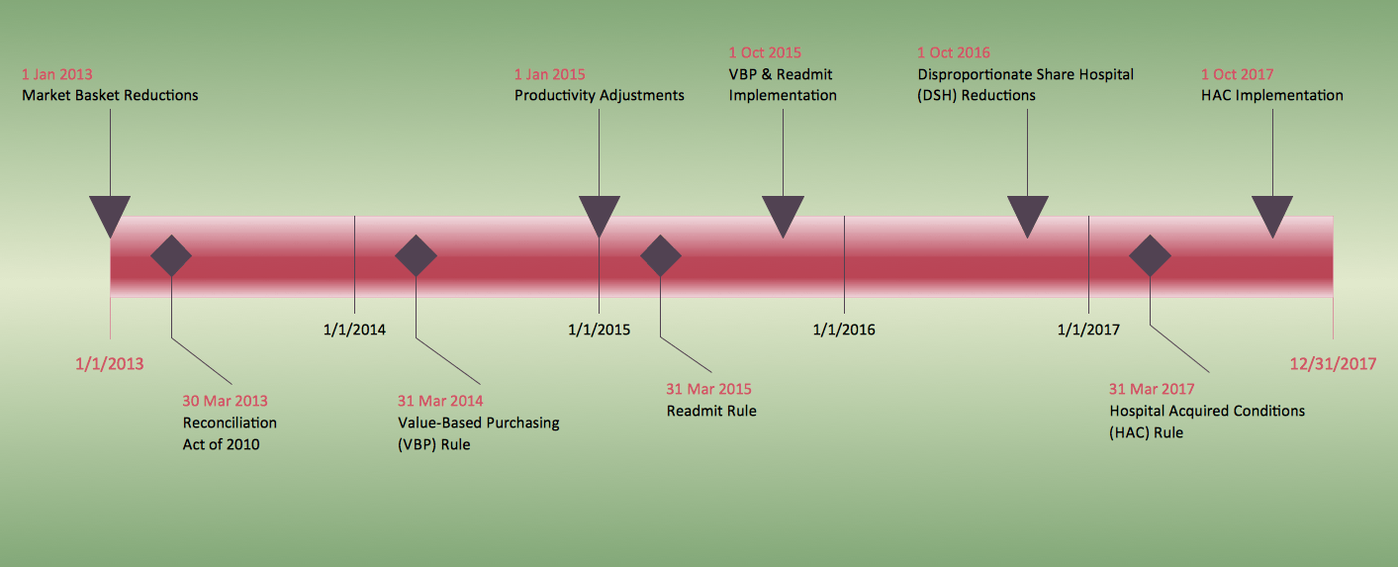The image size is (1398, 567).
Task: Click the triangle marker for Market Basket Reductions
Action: point(110,213)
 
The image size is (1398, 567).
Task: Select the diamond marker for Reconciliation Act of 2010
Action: point(171,256)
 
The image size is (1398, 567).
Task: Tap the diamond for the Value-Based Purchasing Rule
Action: point(416,256)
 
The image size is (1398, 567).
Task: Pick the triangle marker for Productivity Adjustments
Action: point(599,213)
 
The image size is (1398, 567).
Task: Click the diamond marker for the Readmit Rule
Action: point(661,256)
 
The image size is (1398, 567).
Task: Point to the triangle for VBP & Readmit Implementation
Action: point(783,213)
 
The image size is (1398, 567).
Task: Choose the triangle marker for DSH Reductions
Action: point(1027,213)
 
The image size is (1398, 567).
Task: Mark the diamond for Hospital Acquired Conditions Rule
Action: point(1151,256)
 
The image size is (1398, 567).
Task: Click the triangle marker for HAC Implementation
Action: point(1272,213)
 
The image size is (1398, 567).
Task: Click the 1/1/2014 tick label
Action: point(354,330)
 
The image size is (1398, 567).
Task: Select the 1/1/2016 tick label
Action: point(844,330)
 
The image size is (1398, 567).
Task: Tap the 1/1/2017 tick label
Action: point(1088,330)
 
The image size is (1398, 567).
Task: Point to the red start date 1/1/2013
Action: point(109,363)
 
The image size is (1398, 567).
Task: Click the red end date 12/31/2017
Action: point(1333,363)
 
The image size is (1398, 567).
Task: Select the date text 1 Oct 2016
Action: point(953,52)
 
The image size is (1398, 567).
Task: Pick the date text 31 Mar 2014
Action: point(440,401)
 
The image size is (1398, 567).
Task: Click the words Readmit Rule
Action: point(711,411)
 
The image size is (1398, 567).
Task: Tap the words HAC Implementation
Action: point(1271,96)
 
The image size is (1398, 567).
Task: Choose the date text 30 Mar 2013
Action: point(225,401)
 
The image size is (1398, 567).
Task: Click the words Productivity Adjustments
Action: point(599,96)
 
